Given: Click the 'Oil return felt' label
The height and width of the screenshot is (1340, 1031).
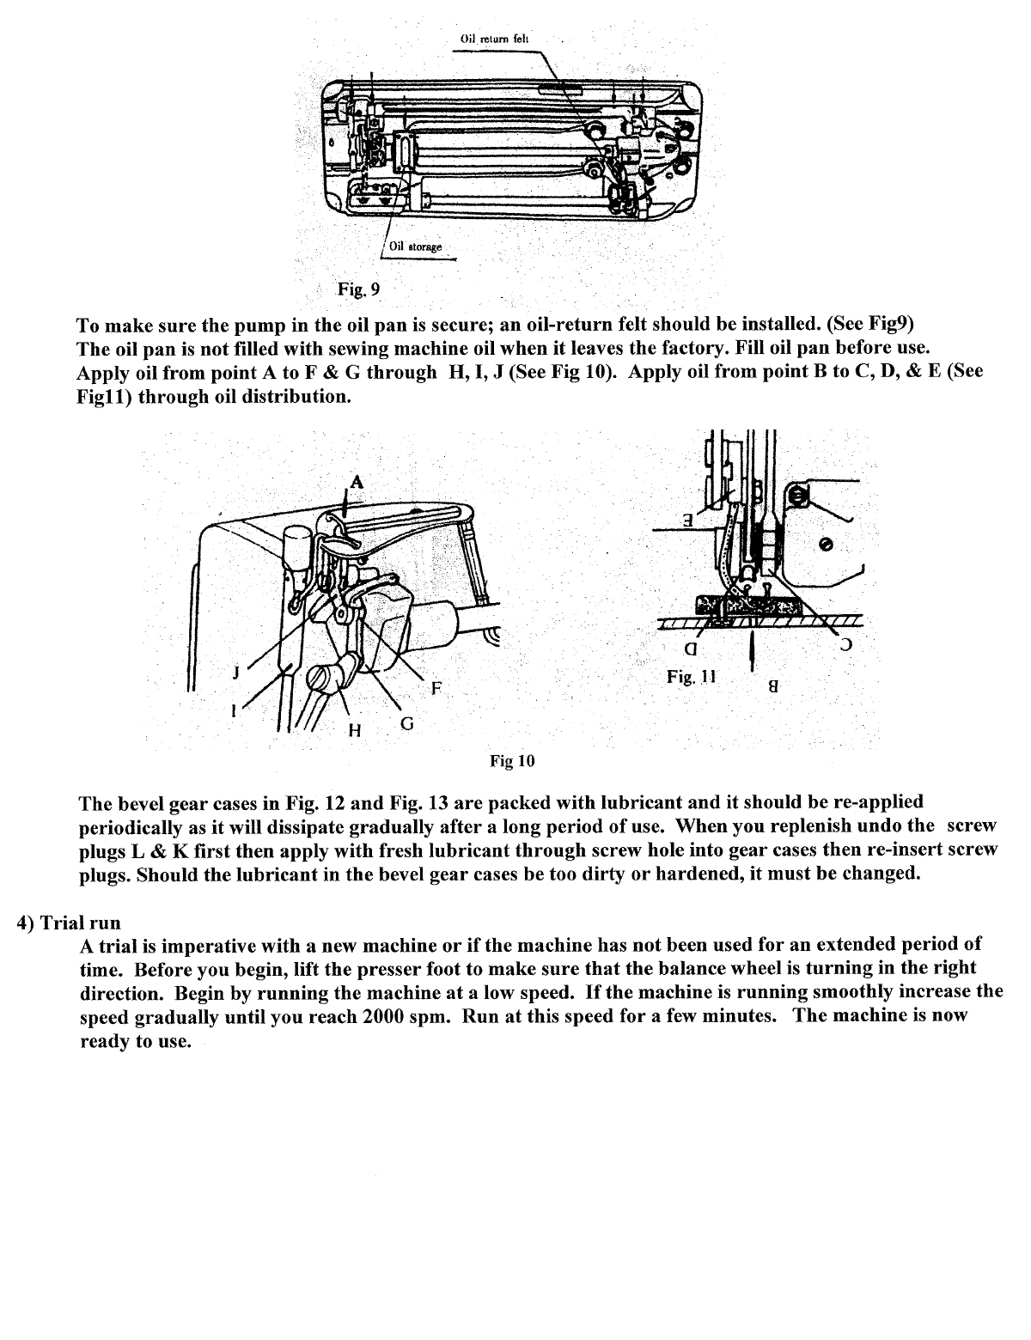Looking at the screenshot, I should (x=496, y=39).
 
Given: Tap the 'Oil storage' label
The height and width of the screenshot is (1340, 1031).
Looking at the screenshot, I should (x=415, y=247).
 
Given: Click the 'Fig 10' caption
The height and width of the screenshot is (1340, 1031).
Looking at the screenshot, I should (x=512, y=761).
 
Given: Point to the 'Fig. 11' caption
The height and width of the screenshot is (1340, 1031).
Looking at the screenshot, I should (x=691, y=677).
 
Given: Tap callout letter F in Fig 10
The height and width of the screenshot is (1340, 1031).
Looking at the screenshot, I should (x=436, y=687).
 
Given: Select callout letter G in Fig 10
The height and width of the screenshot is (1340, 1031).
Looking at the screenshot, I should (x=407, y=723).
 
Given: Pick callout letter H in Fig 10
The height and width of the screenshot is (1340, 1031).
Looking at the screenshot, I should (x=352, y=731).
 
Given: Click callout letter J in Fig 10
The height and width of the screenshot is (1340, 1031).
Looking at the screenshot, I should (x=235, y=673).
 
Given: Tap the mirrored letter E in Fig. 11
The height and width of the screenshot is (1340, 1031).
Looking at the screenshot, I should (x=688, y=520).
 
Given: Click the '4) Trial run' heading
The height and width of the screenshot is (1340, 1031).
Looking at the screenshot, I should (x=69, y=923).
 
